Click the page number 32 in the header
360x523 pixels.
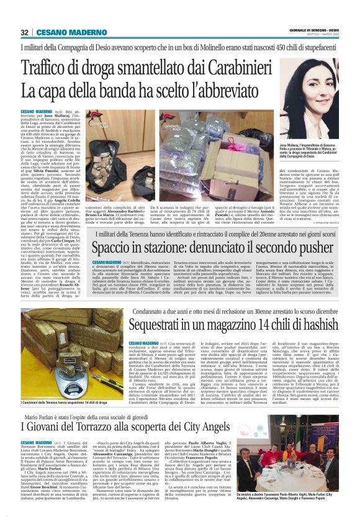pyautogui.click(x=24, y=32)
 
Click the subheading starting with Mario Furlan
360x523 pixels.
pyautogui.click(x=93, y=416)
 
